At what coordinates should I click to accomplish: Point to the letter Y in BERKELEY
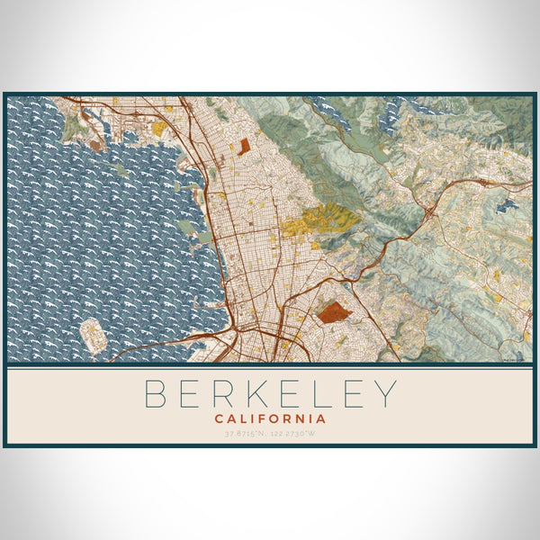pos(385,394)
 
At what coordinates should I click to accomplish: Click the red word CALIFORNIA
pos(270,418)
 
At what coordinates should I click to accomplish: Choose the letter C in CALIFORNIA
pos(219,418)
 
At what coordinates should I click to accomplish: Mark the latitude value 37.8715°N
pos(247,434)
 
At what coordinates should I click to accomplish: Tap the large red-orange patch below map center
pos(334,313)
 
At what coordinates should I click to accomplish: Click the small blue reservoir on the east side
pos(507,205)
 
